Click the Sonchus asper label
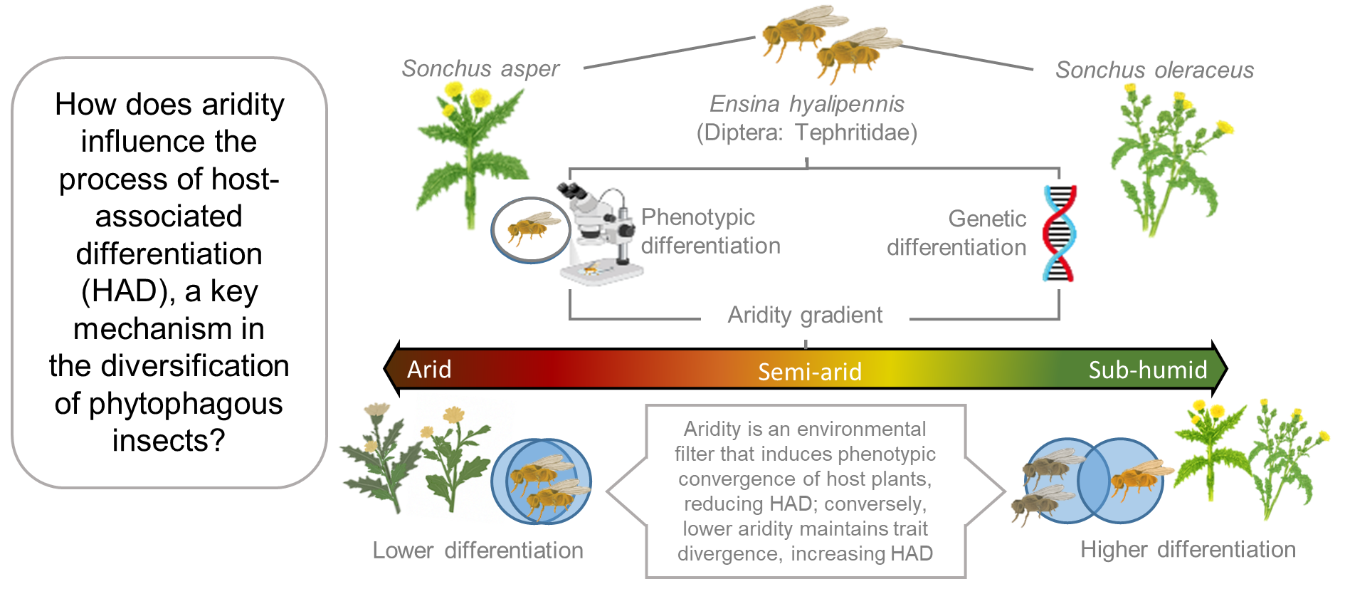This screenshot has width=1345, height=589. (x=480, y=68)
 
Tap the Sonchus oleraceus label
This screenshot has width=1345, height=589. (x=1154, y=70)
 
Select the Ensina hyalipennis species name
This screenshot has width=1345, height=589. (x=806, y=104)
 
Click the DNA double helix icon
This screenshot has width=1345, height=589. (x=1059, y=234)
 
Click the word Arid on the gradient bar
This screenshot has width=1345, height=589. (x=429, y=369)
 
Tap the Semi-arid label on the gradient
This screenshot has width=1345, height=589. (x=809, y=371)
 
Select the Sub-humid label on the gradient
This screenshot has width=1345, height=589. (x=1147, y=370)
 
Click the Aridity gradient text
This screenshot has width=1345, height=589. (x=805, y=315)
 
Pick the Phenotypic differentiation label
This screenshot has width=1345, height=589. (x=710, y=231)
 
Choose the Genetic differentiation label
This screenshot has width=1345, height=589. (x=956, y=233)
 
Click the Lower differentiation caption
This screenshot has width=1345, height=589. (x=478, y=550)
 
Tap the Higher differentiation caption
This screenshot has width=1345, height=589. (x=1188, y=549)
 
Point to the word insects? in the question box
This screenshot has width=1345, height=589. (x=169, y=440)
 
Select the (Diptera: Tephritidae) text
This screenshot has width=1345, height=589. (x=806, y=132)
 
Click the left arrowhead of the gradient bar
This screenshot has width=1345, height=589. (x=391, y=369)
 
